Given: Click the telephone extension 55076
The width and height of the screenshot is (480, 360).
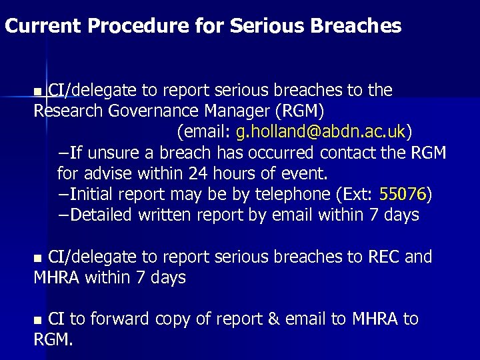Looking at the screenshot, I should (403, 194).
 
